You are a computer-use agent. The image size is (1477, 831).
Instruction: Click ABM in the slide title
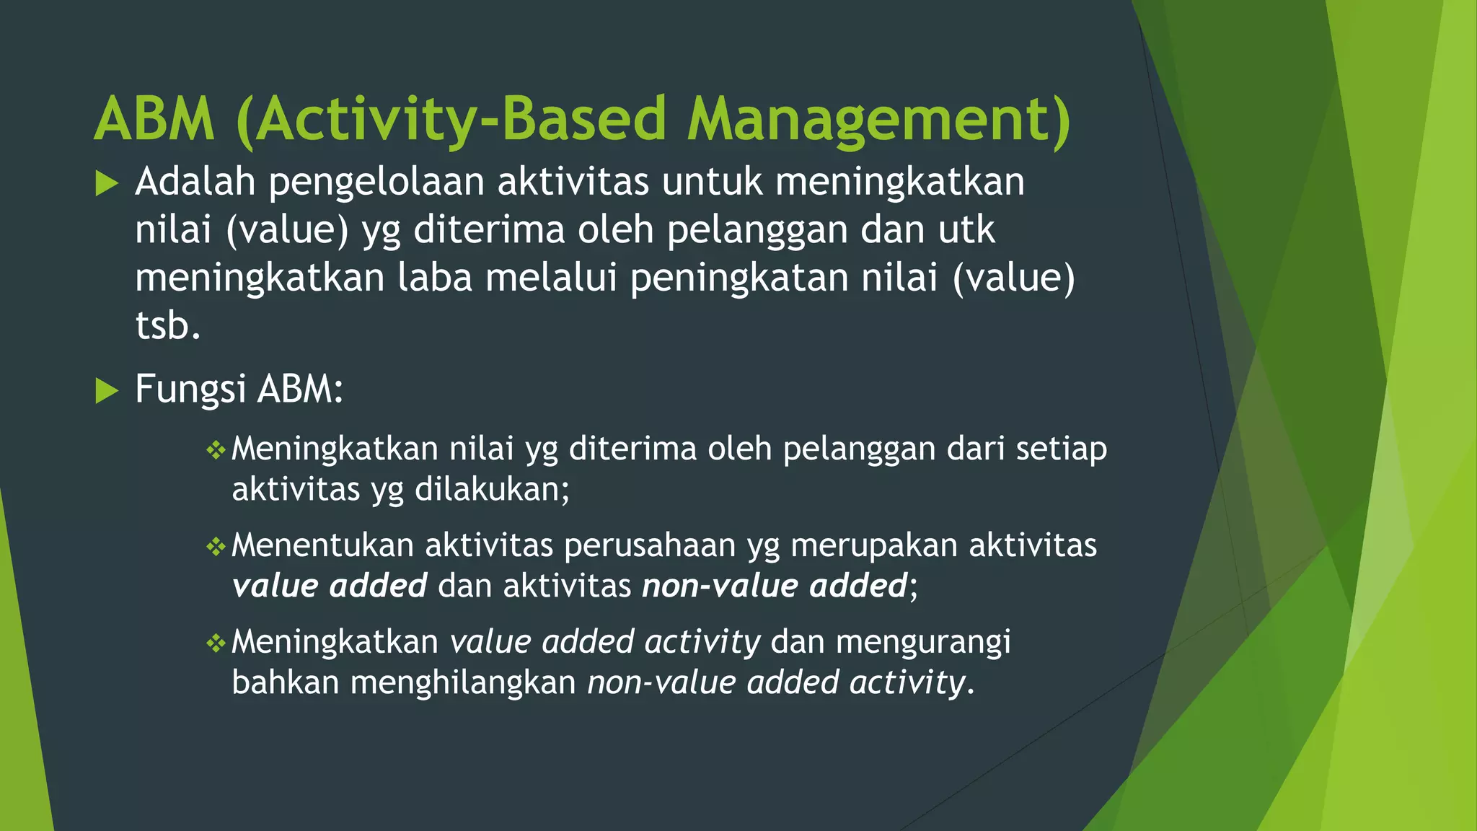click(154, 120)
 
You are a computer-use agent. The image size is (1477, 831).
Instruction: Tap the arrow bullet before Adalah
click(107, 184)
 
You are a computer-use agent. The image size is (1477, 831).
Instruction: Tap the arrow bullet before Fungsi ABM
click(107, 392)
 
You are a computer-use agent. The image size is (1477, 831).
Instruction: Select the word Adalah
click(195, 182)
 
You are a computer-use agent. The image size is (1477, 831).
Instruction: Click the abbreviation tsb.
click(167, 326)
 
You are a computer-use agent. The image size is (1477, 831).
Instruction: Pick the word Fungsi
click(190, 390)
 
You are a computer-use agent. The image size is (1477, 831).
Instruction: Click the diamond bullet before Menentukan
click(216, 548)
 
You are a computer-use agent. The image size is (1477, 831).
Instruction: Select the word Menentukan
click(322, 546)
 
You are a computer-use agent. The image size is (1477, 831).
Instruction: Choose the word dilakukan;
click(492, 491)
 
